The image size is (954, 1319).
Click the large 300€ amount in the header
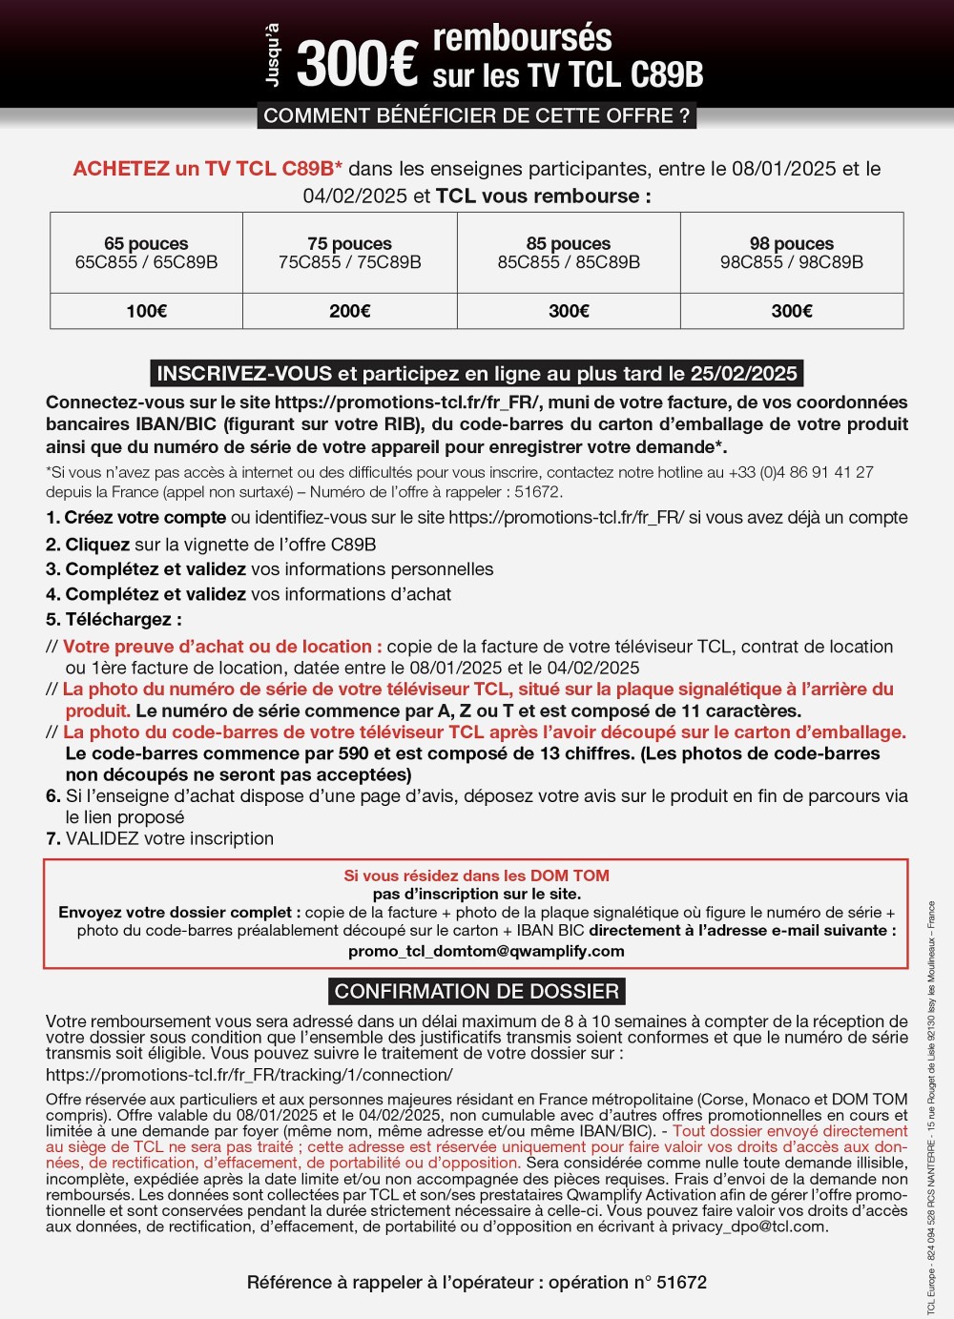(357, 63)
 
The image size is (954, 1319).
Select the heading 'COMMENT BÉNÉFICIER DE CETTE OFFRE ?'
(476, 116)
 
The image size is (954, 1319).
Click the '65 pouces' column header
(146, 244)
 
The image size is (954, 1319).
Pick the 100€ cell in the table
(146, 311)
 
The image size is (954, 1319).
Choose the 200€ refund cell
(349, 311)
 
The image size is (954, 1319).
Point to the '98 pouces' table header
(791, 244)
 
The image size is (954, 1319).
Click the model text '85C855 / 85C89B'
(569, 262)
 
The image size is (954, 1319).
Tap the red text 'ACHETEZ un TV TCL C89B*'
(208, 169)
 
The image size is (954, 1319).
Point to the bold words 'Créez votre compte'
(145, 518)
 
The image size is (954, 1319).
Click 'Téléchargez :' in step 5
(123, 619)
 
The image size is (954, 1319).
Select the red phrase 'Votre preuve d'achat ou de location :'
(222, 647)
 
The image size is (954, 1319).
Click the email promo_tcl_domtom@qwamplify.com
(486, 951)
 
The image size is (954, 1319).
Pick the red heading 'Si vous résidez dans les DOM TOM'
(476, 876)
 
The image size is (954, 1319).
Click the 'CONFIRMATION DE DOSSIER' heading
(476, 991)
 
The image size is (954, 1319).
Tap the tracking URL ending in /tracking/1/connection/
(249, 1075)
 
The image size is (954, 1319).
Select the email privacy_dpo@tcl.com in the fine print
(748, 1226)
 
